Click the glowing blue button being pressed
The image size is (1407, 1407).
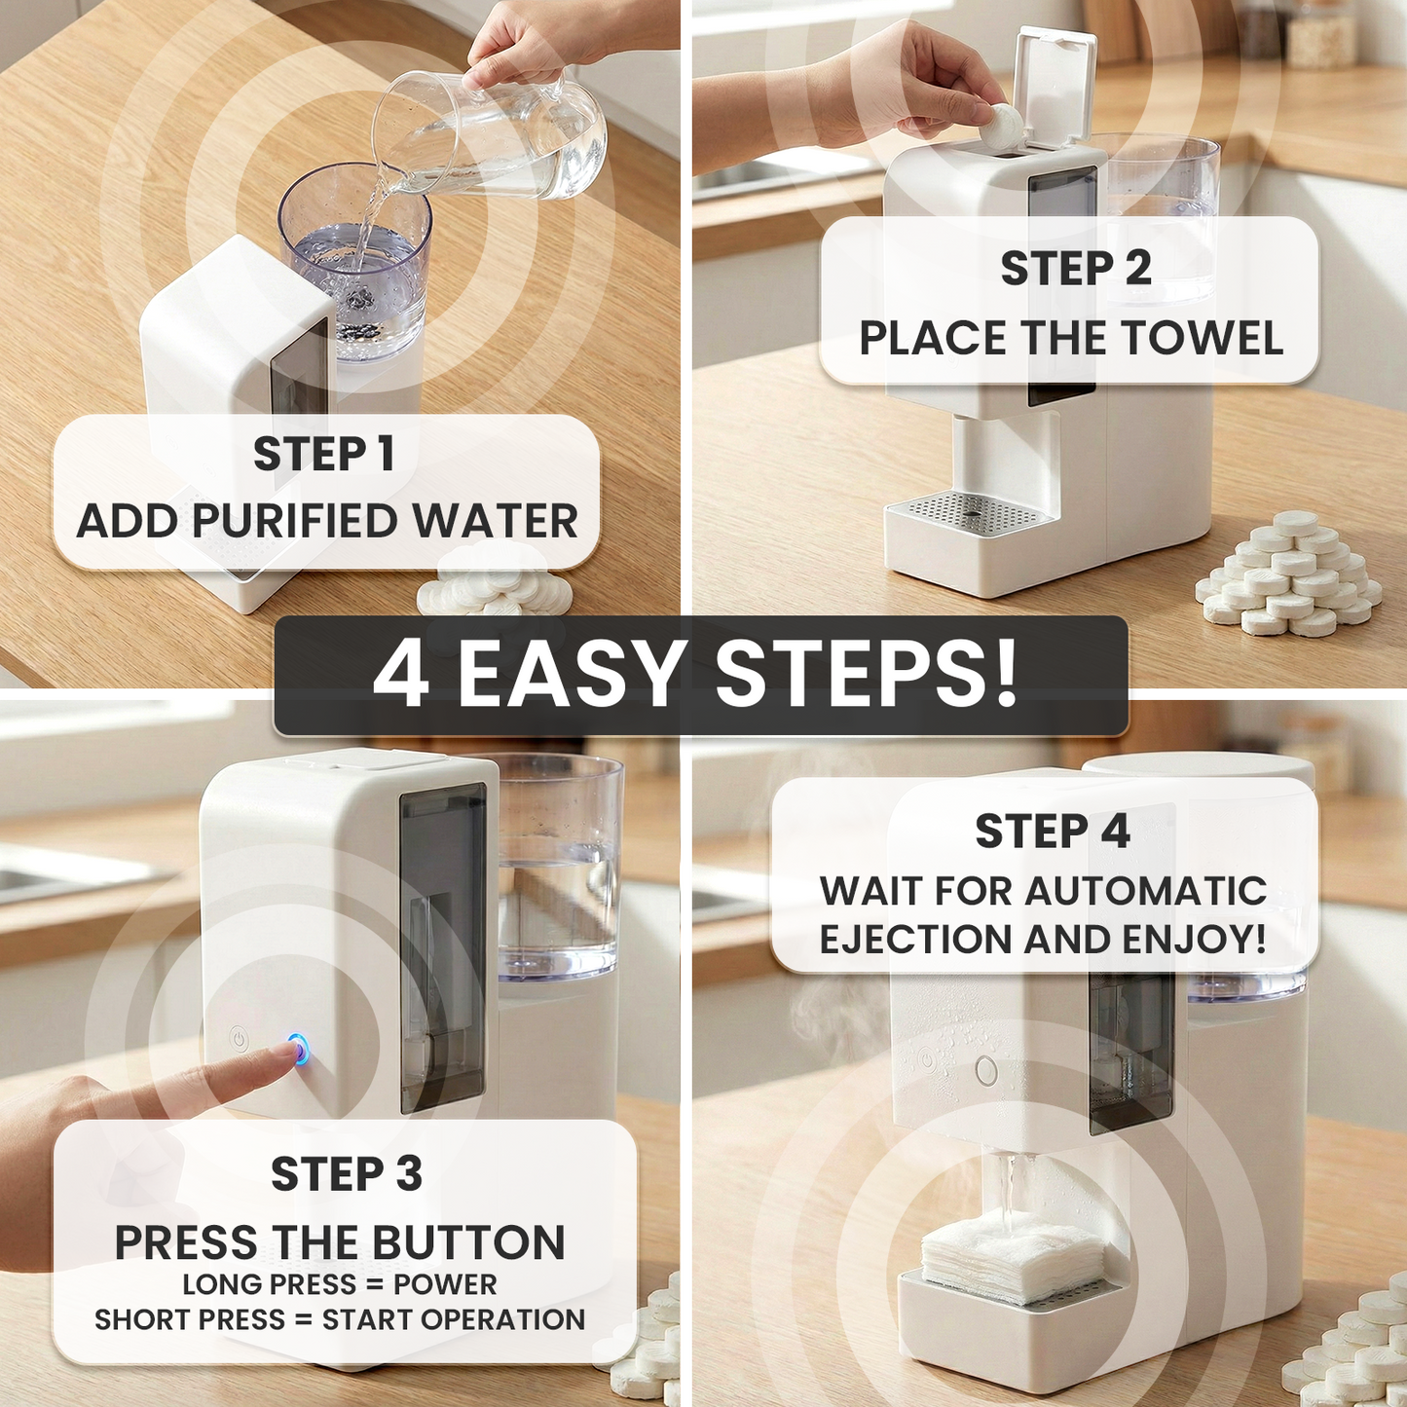tap(298, 1050)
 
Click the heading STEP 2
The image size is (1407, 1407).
tap(1076, 269)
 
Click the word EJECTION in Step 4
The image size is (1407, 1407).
tap(916, 939)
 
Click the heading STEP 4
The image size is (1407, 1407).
tap(1053, 831)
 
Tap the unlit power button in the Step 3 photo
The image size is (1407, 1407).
tap(238, 1039)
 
